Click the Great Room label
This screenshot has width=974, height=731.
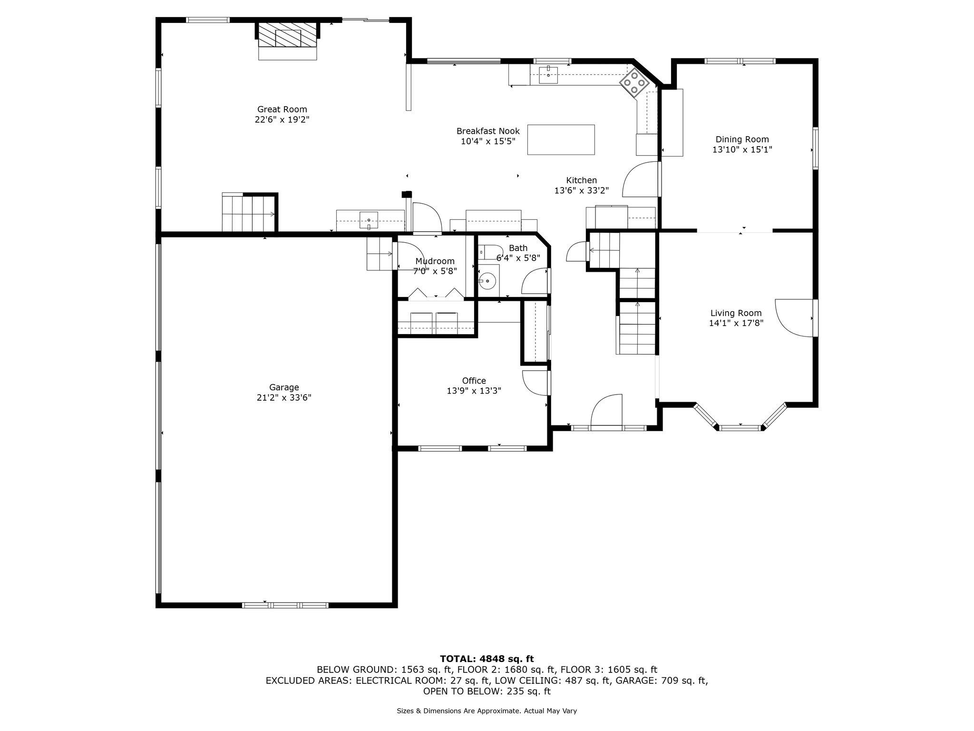tap(282, 109)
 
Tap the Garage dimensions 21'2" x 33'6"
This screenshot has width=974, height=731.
tap(284, 398)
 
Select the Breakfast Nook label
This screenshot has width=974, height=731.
tap(488, 131)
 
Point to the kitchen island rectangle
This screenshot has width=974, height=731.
tap(561, 139)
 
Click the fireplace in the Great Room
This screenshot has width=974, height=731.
tap(288, 38)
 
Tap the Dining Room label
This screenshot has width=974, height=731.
tap(742, 139)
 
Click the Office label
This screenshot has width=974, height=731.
tap(474, 381)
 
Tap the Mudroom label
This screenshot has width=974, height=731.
tap(435, 261)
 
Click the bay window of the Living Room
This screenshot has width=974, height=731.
tap(740, 422)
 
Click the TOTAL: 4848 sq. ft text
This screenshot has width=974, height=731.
tap(487, 659)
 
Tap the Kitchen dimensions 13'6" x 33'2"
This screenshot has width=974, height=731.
tap(581, 190)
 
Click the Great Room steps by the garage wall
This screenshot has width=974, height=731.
tap(249, 213)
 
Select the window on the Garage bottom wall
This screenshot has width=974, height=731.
tap(285, 605)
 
